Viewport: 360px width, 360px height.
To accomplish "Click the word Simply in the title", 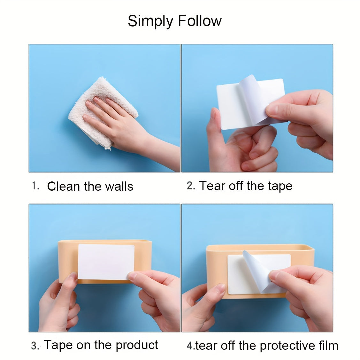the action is [150, 21].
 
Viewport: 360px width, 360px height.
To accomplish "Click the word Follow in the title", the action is [200, 21].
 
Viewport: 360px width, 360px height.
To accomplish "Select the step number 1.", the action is [35, 186].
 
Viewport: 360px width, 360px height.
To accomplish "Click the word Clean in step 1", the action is [64, 186].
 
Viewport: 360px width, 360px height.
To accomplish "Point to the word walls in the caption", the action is [119, 186].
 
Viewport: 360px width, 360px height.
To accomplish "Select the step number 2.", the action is [191, 186].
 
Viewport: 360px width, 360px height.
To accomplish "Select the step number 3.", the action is [35, 346].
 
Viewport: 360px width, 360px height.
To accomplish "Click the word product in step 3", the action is [137, 345].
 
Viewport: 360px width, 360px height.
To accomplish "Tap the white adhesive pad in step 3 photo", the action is [106, 262].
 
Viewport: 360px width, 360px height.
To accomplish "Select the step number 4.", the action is [190, 346].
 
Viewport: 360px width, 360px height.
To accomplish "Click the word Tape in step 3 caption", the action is [58, 345].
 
